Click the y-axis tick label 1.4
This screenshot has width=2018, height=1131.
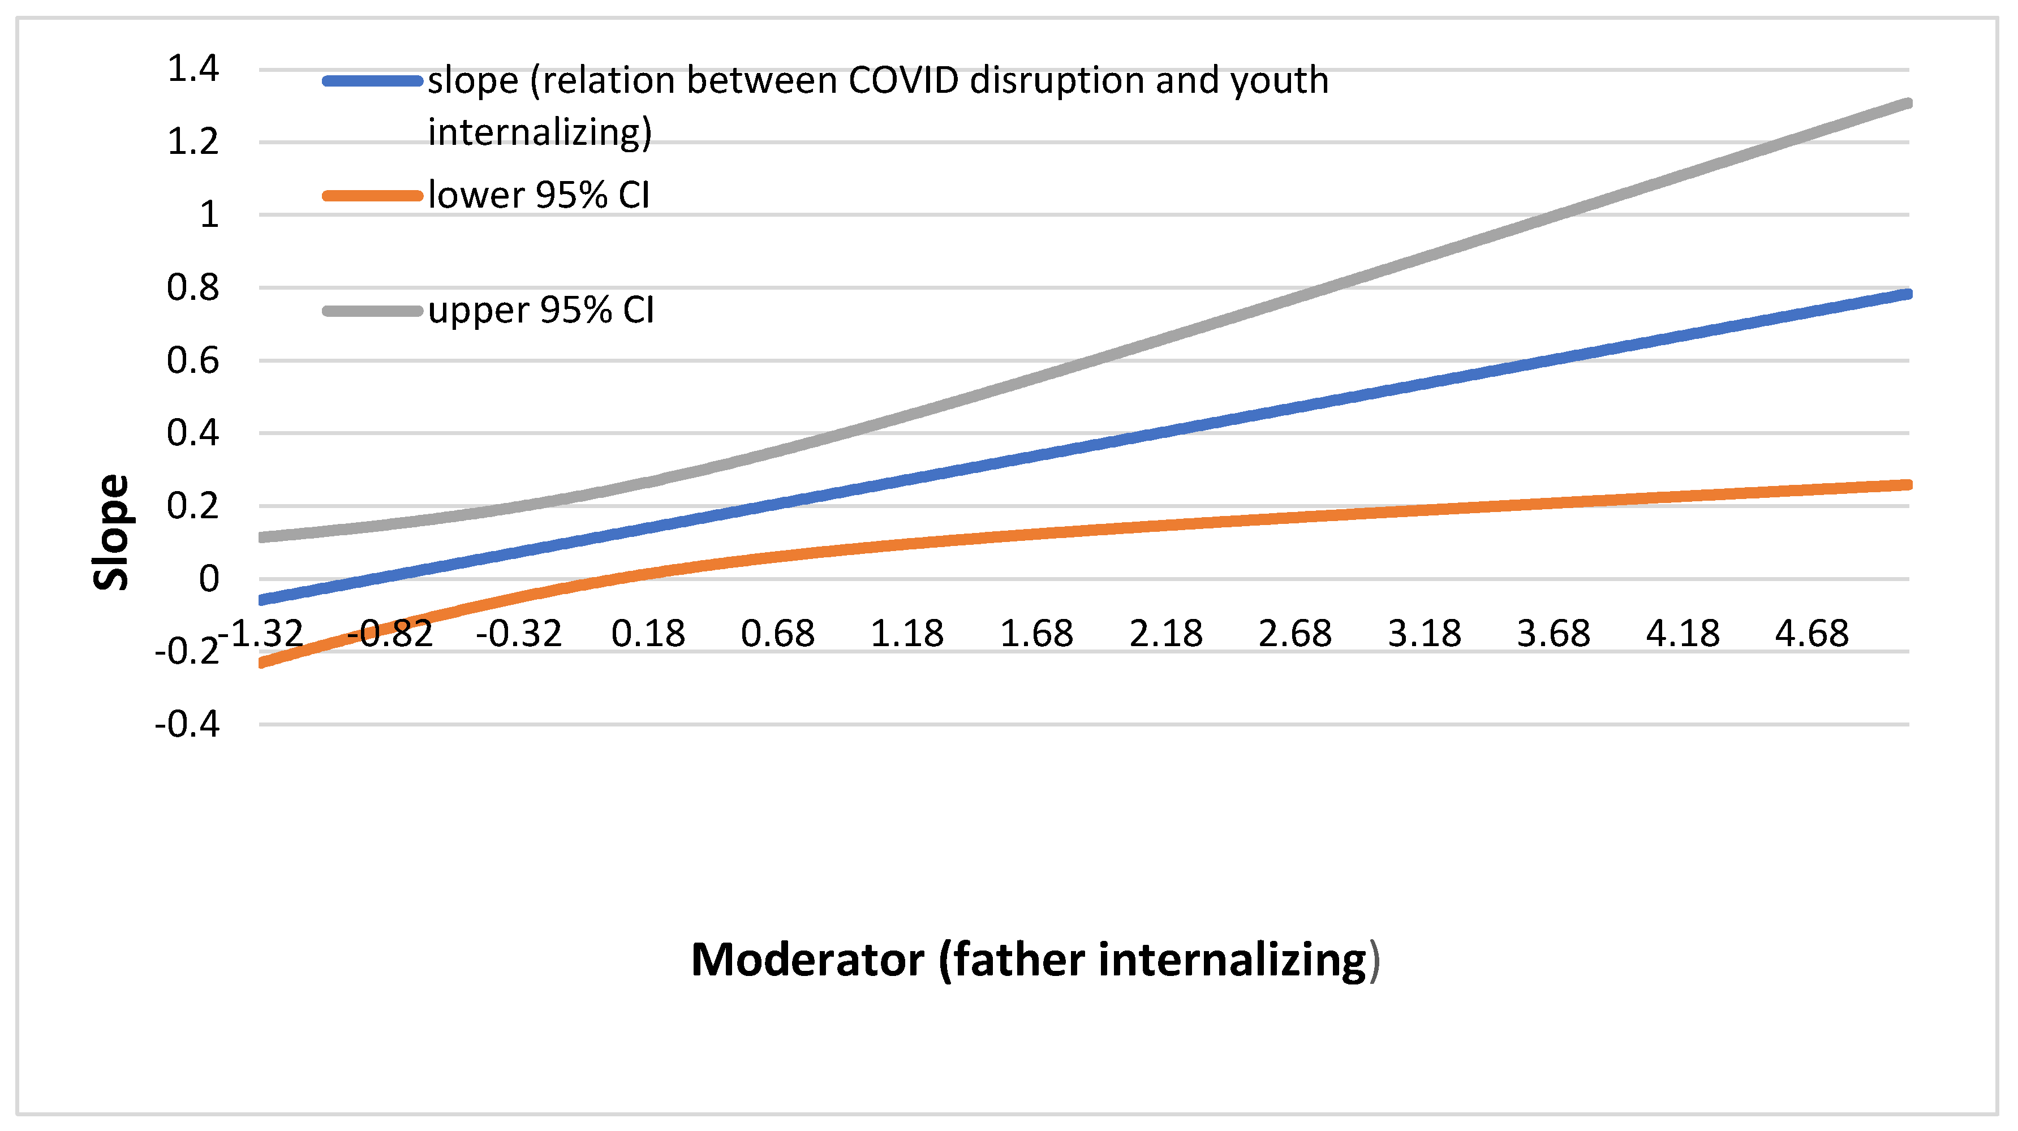coord(193,69)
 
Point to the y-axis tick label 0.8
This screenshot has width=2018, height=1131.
coord(193,287)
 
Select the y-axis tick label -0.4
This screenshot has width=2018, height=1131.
coord(187,725)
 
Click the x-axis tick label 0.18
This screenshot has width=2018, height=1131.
coord(648,633)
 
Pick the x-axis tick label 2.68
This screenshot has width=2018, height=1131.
coord(1295,633)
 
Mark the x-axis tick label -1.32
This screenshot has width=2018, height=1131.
coord(261,633)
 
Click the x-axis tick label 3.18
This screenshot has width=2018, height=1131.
coord(1424,633)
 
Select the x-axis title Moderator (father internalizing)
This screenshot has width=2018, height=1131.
coord(1034,960)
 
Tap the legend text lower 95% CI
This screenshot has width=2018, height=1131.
coord(539,195)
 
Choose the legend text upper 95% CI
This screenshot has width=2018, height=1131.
coord(540,310)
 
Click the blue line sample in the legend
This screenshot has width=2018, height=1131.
coord(373,81)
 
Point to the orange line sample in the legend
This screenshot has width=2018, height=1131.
coord(373,196)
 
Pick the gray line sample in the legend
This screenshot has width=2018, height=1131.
coord(373,311)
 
